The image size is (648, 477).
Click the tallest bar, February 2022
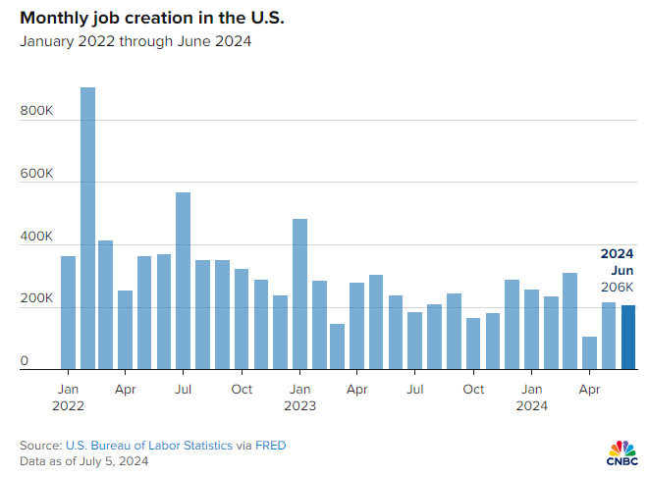click(x=87, y=228)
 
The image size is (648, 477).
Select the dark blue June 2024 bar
click(x=628, y=337)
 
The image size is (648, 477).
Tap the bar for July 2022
click(x=183, y=281)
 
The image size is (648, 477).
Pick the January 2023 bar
click(x=299, y=294)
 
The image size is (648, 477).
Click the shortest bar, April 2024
click(x=589, y=353)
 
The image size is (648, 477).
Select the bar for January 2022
click(x=68, y=313)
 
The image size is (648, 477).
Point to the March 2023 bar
click(x=337, y=346)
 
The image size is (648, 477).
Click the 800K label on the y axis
click(x=36, y=111)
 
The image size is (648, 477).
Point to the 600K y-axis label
click(x=36, y=173)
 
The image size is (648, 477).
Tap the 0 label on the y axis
click(x=25, y=360)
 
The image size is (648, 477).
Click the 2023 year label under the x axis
click(x=299, y=406)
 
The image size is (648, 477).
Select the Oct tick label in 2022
click(x=242, y=389)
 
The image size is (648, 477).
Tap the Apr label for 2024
click(x=589, y=390)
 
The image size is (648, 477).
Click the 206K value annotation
click(x=617, y=287)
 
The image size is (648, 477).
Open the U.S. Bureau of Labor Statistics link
click(x=149, y=446)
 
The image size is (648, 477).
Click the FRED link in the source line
click(x=271, y=446)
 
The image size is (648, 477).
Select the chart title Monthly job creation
click(x=152, y=18)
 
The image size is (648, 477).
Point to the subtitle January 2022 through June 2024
click(x=135, y=41)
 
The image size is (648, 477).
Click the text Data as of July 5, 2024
click(x=83, y=461)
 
